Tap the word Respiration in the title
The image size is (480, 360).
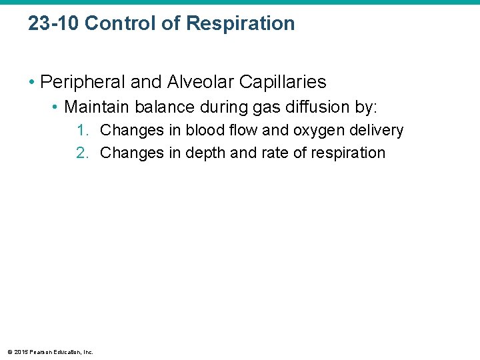click(240, 23)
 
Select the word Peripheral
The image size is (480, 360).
click(82, 82)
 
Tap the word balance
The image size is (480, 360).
click(157, 107)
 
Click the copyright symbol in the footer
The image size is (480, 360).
click(8, 352)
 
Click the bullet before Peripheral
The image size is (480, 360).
click(32, 83)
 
